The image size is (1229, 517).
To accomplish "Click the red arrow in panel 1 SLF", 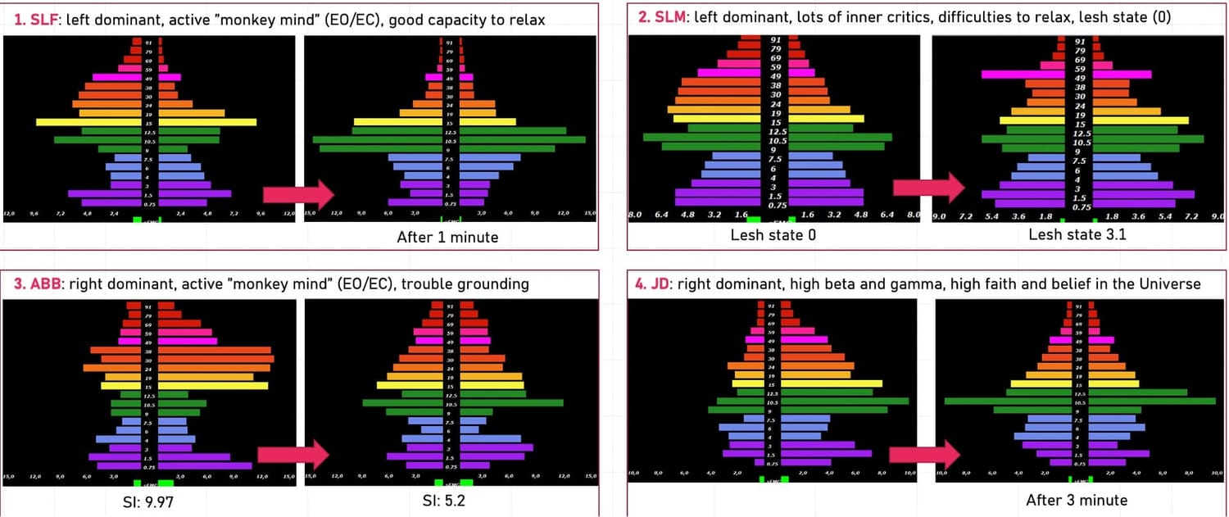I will (x=297, y=195).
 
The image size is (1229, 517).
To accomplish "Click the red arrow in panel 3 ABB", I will (x=293, y=455).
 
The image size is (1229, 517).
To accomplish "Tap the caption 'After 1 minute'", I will (x=447, y=238).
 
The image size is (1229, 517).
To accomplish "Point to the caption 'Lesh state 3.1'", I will (x=1071, y=235).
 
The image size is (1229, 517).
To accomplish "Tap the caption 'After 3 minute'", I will (x=1077, y=500).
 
